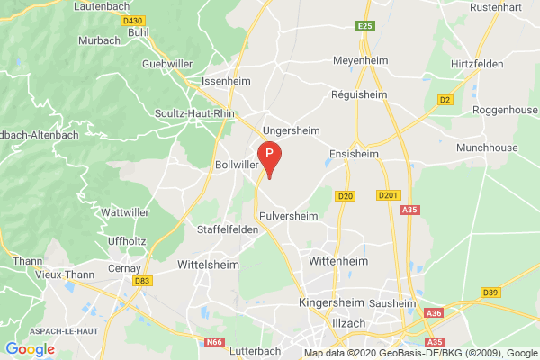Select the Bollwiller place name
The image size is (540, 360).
(x=238, y=166)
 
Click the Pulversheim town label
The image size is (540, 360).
(x=288, y=216)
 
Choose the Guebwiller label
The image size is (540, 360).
(x=173, y=65)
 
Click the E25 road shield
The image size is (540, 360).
(x=364, y=26)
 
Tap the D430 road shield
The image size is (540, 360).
(x=109, y=19)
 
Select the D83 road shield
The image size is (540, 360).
(x=142, y=282)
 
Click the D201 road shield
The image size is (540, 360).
(x=388, y=194)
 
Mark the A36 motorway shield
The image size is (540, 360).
(x=435, y=312)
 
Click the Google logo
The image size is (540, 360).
(x=30, y=349)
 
